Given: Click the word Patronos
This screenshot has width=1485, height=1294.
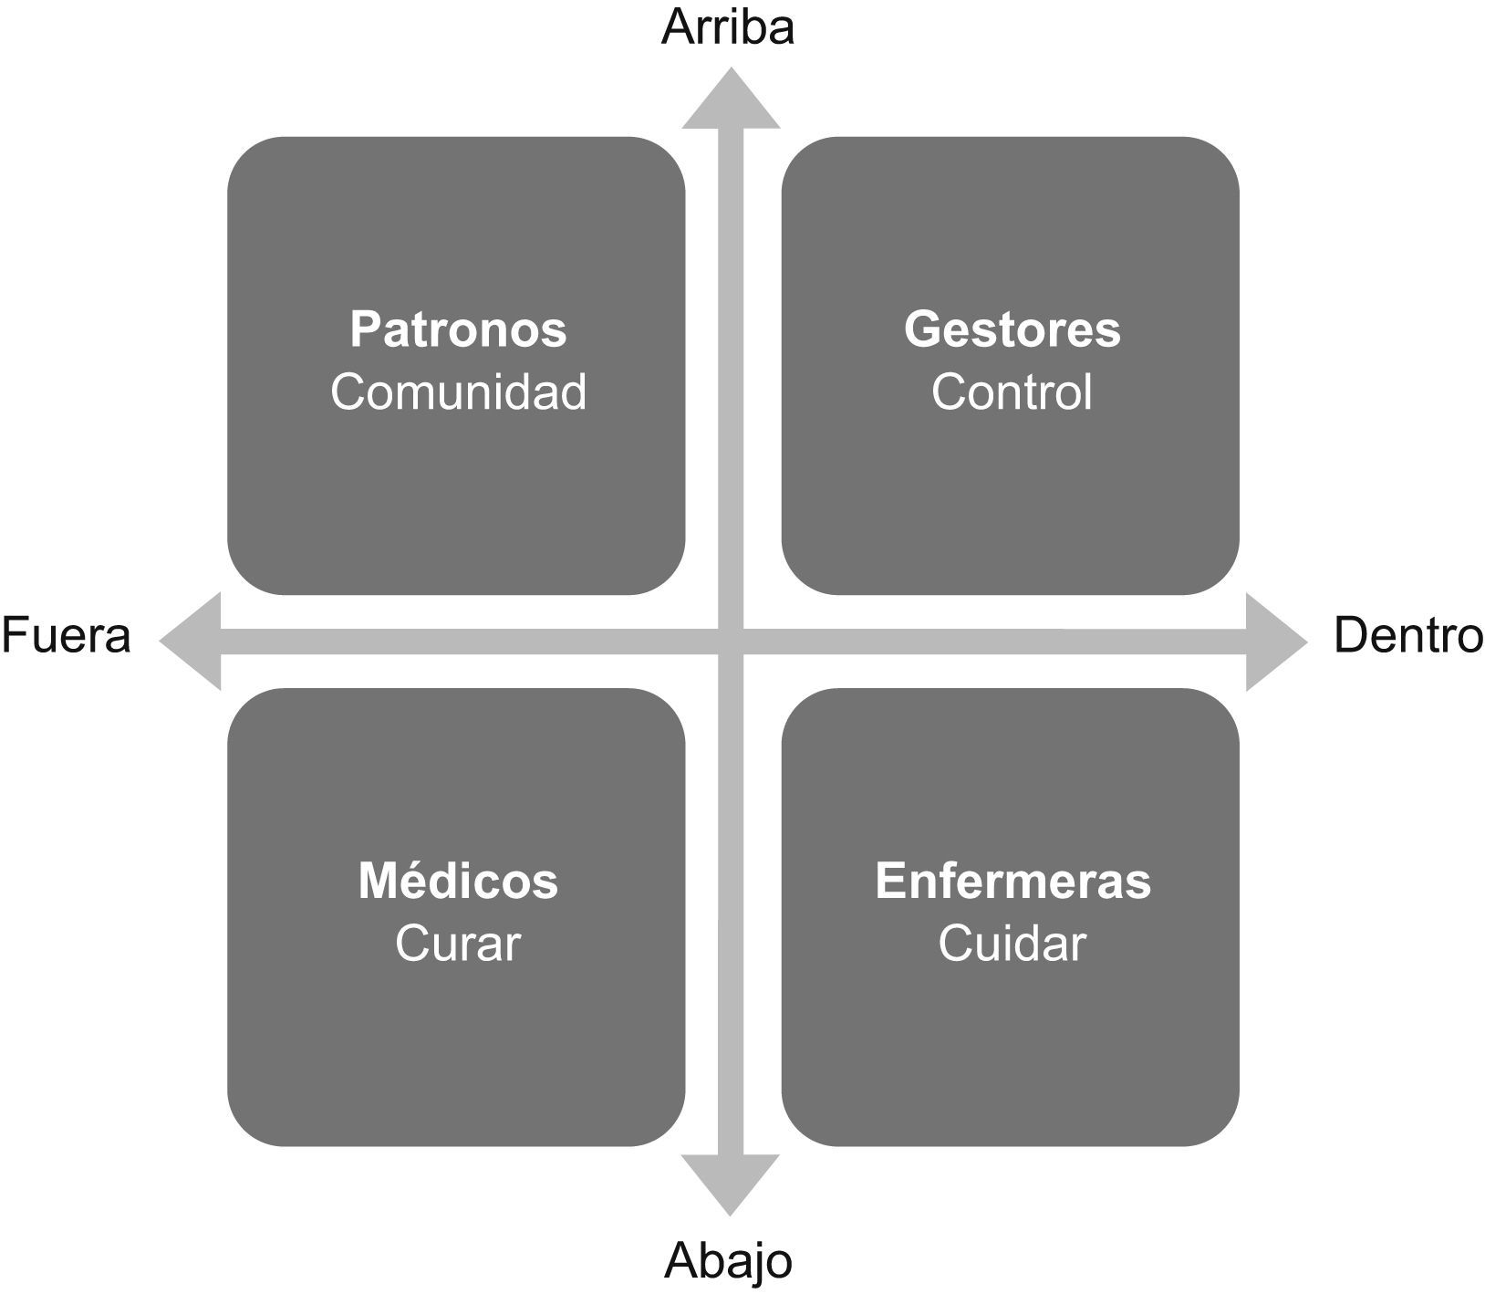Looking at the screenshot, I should tap(458, 329).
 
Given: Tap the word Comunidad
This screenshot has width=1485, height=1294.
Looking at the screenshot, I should tap(458, 392).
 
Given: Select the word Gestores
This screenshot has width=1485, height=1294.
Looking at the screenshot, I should tap(1012, 329).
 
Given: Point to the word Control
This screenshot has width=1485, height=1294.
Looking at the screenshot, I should tap(1012, 392).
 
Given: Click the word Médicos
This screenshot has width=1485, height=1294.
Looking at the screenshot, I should tap(458, 882).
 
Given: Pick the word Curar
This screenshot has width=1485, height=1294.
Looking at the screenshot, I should tap(458, 944).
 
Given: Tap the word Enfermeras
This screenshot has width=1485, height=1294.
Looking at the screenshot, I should tap(1012, 882).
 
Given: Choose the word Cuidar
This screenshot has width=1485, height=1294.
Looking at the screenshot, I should tap(1012, 944).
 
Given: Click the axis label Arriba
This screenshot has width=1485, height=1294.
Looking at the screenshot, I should tap(728, 27).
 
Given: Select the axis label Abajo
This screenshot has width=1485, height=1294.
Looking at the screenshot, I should tap(728, 1262).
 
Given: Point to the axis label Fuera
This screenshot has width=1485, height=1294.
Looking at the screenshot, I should tap(67, 635).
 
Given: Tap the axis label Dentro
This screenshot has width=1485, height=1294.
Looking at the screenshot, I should tap(1407, 635).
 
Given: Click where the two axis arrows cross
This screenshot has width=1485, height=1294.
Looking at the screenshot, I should tap(731, 641).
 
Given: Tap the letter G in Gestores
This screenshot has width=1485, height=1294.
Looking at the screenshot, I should tap(920, 329).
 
